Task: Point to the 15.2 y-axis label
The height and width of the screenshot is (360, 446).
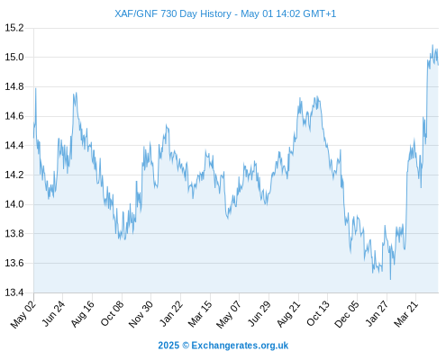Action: (x=14, y=28)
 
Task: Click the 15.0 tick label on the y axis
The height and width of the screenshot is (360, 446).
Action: (x=14, y=57)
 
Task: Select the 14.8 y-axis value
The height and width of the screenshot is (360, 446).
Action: (x=14, y=86)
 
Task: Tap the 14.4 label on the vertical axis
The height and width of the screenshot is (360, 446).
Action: (x=14, y=146)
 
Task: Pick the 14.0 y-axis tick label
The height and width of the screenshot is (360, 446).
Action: (x=14, y=204)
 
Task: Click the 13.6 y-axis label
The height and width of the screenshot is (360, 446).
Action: (x=14, y=263)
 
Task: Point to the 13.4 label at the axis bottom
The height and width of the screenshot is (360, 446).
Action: (x=14, y=292)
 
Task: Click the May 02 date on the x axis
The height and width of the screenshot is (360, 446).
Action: (x=23, y=314)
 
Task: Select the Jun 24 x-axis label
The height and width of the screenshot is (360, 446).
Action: (x=53, y=313)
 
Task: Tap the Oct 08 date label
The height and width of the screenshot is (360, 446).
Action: (x=112, y=313)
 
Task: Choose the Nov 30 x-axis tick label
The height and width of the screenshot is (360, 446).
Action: (x=141, y=314)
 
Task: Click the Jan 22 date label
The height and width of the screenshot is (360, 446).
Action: (x=171, y=313)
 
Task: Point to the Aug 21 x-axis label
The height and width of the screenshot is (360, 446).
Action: (x=288, y=314)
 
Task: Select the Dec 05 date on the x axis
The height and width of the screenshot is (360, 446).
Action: (x=347, y=314)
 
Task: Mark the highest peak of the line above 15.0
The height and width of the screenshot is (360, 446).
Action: (x=432, y=45)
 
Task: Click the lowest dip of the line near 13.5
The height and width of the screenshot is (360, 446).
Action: (x=390, y=279)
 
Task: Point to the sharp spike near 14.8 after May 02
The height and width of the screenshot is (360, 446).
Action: (x=36, y=89)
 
